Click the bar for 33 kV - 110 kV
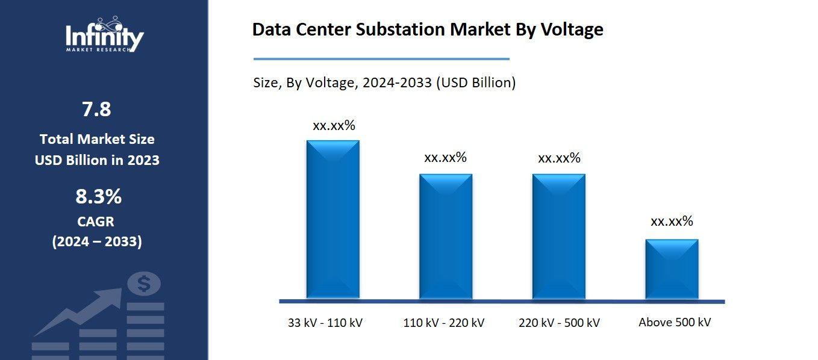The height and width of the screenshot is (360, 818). tap(333, 219)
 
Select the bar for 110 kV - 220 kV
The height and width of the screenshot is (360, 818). tap(446, 236)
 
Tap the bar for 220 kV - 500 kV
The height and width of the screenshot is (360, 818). tap(558, 236)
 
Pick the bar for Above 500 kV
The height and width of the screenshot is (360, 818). tap(672, 268)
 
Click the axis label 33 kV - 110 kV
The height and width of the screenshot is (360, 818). tap(325, 323)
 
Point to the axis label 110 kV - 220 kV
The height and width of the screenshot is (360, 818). tap(443, 323)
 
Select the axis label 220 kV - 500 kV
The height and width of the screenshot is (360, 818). tap(559, 323)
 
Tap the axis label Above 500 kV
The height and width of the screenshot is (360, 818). tap(675, 322)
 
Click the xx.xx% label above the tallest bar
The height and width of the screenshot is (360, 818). tap(334, 126)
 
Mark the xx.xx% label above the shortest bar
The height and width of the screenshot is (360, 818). tap(672, 221)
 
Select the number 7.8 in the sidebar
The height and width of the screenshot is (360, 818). tap(96, 110)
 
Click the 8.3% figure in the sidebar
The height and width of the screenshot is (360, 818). tap(98, 196)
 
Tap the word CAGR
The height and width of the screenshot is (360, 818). tap(96, 222)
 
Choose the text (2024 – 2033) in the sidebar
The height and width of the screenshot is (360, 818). tap(97, 242)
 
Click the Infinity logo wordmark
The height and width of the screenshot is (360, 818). tap(104, 37)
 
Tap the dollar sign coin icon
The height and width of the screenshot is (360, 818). tap(143, 284)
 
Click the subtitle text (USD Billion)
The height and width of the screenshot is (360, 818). tap(475, 83)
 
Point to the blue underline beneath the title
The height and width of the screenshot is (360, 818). tap(381, 59)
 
